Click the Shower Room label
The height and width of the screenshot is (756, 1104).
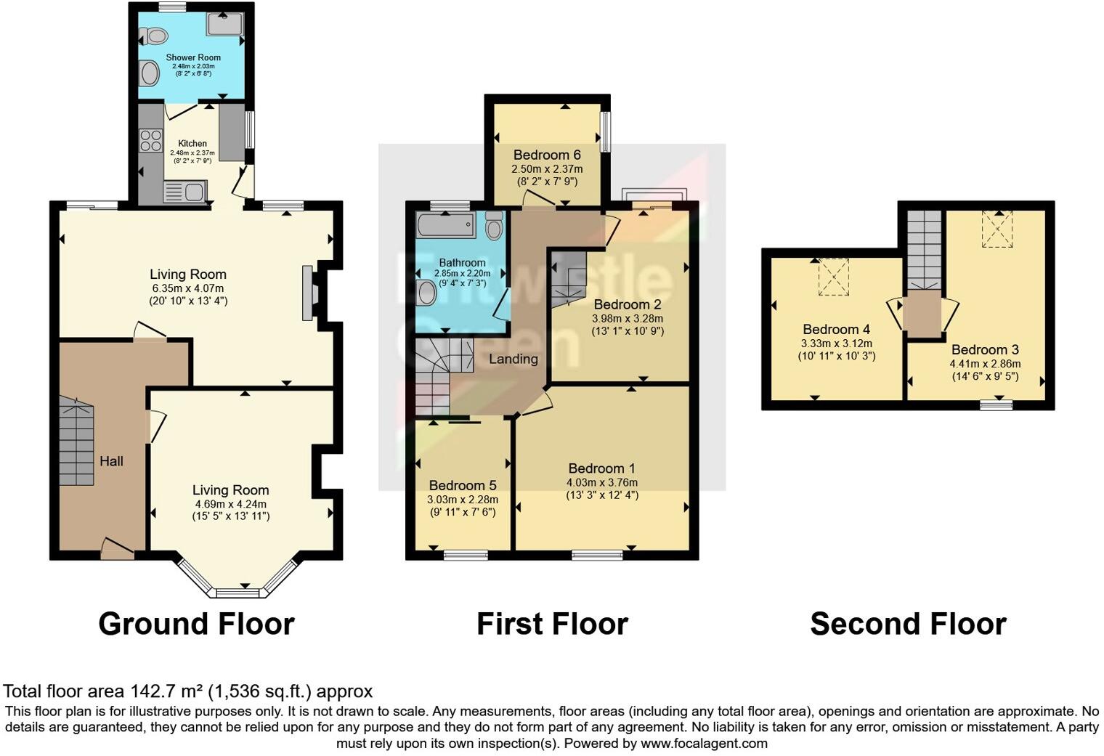pyautogui.click(x=193, y=57)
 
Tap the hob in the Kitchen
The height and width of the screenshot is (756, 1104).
pyautogui.click(x=150, y=140)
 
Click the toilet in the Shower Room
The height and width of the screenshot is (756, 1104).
pyautogui.click(x=155, y=36)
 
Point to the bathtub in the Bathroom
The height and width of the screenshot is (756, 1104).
pyautogui.click(x=445, y=225)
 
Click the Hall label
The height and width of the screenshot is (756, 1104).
pyautogui.click(x=111, y=461)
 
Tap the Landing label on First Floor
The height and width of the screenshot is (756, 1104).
pyautogui.click(x=513, y=359)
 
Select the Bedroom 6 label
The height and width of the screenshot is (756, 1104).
pyautogui.click(x=547, y=155)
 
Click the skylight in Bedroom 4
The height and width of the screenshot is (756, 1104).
pyautogui.click(x=833, y=277)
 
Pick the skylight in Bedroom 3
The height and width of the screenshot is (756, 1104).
pyautogui.click(x=997, y=229)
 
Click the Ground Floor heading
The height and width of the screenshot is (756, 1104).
pyautogui.click(x=196, y=624)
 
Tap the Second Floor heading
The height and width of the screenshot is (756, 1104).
pyautogui.click(x=908, y=624)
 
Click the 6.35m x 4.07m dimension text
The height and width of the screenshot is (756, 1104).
pyautogui.click(x=188, y=288)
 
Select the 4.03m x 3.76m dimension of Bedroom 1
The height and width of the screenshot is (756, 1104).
pyautogui.click(x=602, y=482)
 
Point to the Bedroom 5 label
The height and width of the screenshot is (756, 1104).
pyautogui.click(x=463, y=485)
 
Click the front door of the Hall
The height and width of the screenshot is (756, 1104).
pyautogui.click(x=117, y=550)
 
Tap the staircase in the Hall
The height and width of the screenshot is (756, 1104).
pyautogui.click(x=76, y=443)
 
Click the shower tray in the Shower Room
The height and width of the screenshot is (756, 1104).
pyautogui.click(x=225, y=24)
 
